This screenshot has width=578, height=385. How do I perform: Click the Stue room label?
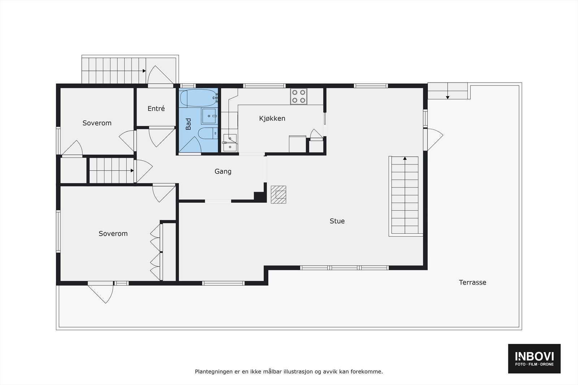coord(337,221)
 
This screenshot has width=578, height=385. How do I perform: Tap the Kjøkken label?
coord(272,118)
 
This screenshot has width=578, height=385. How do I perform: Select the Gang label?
coord(223,171)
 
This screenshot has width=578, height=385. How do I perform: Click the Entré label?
coord(156,109)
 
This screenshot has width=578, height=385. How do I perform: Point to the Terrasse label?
coord(473,283)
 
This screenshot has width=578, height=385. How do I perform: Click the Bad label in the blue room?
coord(188,124)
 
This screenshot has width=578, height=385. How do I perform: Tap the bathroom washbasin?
coord(209,116)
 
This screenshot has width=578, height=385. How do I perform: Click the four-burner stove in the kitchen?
coord(299,96)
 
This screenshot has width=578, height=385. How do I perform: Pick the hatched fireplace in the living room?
coord(279,194)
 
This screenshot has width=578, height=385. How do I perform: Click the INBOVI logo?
coord(534,358)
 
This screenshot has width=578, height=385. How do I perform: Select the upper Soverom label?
coord(97,123)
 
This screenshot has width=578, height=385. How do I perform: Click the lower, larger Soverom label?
coord(113,234)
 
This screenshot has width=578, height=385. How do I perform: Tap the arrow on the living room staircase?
coord(405,158)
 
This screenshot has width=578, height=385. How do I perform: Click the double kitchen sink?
coord(229,143)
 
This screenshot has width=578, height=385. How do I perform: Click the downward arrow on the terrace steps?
coord(448,97)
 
